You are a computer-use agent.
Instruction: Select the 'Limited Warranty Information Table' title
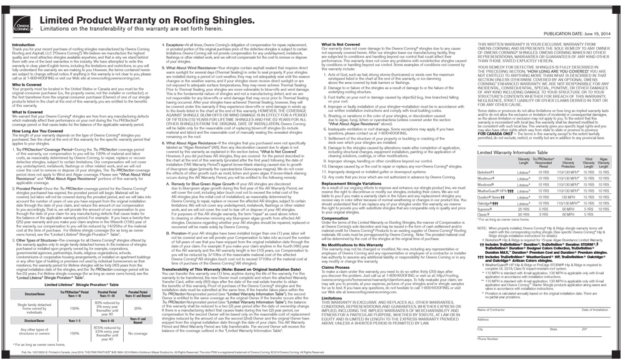512,152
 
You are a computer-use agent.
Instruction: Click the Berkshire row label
486,170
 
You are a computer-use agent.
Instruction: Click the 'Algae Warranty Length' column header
604,162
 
